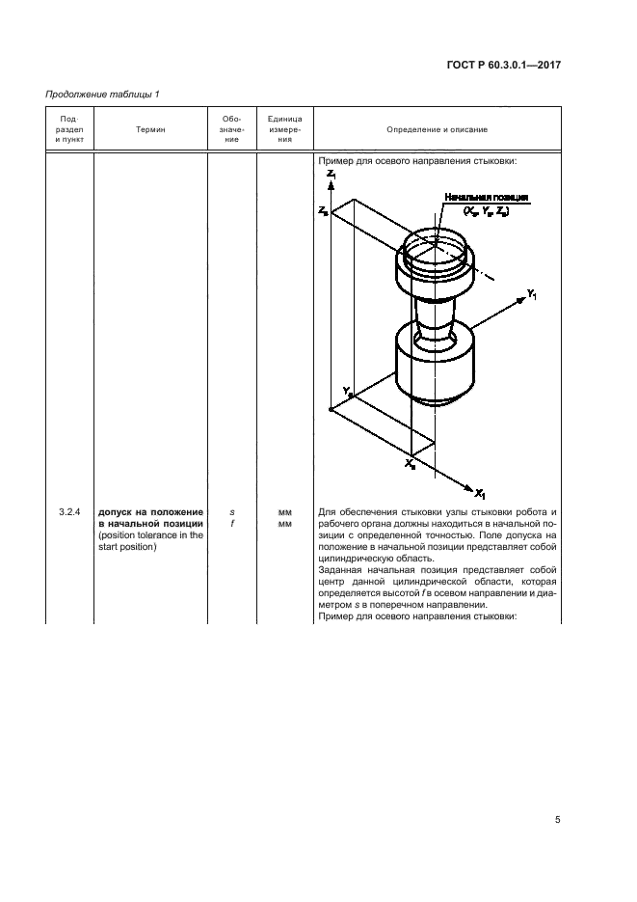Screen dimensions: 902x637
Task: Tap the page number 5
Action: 558,820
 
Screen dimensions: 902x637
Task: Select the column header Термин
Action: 150,129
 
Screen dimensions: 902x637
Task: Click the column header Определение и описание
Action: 437,129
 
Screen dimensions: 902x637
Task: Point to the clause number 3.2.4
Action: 68,511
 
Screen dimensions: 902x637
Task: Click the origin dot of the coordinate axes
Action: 331,410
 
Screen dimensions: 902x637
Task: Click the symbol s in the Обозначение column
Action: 232,511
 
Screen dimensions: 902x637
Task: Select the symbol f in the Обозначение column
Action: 232,524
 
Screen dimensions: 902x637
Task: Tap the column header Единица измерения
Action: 285,129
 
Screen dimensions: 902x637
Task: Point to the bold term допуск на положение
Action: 150,511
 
